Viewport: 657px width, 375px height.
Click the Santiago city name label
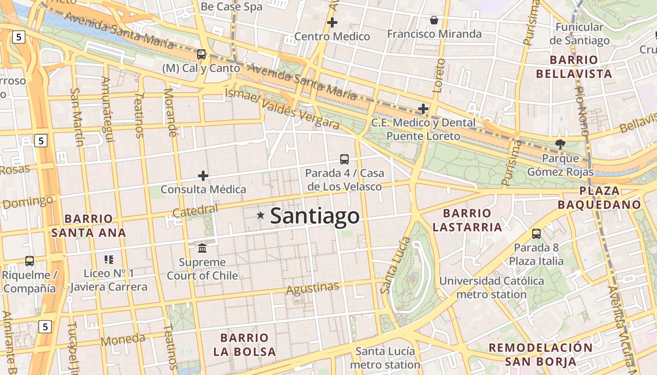315,216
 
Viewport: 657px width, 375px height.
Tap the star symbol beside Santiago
260,215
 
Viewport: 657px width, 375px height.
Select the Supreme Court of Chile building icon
202,247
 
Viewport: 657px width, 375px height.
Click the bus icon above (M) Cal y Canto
201,54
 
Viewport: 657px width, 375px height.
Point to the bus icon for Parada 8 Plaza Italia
536,233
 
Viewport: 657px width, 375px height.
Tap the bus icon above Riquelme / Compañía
30,261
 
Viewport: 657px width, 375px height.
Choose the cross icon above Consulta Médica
203,176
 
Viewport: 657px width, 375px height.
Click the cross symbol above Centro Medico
332,22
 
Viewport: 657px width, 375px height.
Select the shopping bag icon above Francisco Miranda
434,20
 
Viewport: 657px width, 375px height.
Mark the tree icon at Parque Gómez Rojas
560,144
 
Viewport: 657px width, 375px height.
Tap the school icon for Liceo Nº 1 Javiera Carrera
109,259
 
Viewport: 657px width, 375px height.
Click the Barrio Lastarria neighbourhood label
467,220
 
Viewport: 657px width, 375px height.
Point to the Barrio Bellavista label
574,67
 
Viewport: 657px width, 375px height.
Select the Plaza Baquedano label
599,197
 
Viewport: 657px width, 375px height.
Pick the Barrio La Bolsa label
244,345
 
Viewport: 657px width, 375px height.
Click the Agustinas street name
313,288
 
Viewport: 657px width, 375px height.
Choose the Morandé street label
170,112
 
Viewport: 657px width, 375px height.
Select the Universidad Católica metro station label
491,288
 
